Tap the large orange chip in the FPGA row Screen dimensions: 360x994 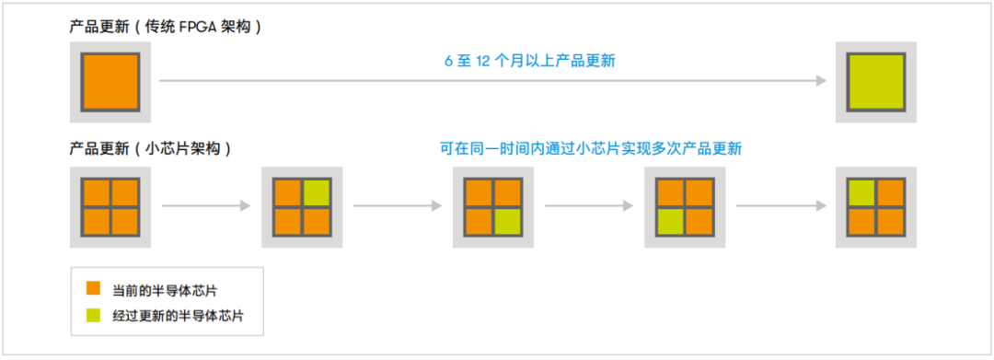coord(110,82)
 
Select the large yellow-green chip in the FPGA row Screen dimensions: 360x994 coord(875,82)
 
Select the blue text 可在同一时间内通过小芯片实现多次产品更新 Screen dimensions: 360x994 coord(590,148)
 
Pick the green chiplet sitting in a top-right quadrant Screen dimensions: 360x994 coord(317,192)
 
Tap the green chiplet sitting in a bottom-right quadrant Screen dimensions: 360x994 coord(508,222)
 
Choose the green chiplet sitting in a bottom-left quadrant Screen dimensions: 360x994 coord(670,222)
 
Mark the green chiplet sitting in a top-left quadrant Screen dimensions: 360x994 coord(861,192)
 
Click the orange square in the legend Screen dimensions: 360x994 coord(93,289)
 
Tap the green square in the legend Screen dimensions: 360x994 coord(93,316)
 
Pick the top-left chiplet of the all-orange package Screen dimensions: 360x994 coord(96,192)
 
